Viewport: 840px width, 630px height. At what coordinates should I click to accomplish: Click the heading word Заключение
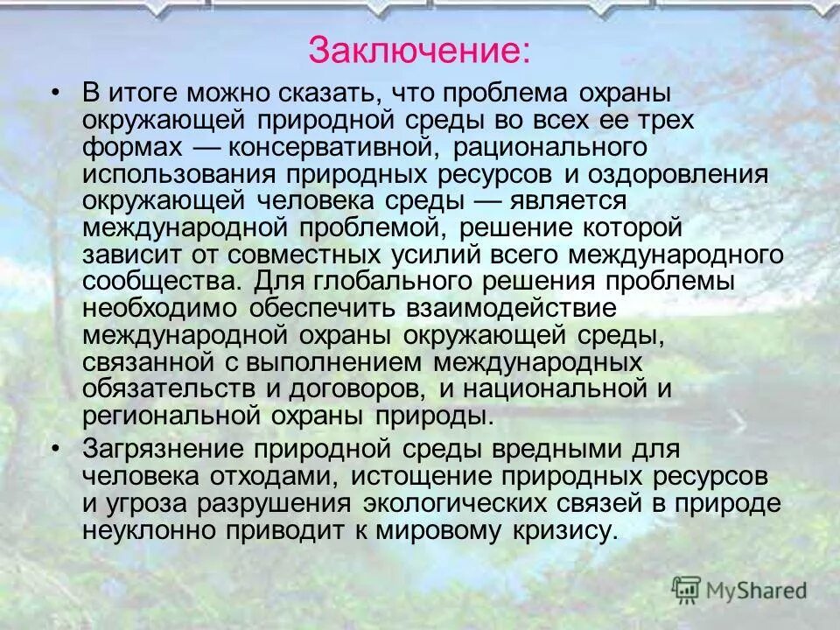click(418, 50)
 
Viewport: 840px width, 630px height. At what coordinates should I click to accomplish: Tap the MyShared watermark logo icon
click(687, 590)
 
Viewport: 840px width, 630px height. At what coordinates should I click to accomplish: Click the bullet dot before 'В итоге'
click(57, 91)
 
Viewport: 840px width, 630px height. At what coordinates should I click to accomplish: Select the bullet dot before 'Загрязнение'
click(57, 447)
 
